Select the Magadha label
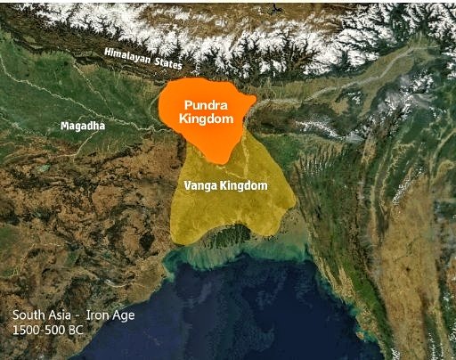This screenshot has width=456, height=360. (83, 126)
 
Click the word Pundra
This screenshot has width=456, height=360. (206, 103)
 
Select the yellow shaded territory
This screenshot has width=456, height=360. (227, 209)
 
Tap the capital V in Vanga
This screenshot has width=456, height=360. (186, 185)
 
